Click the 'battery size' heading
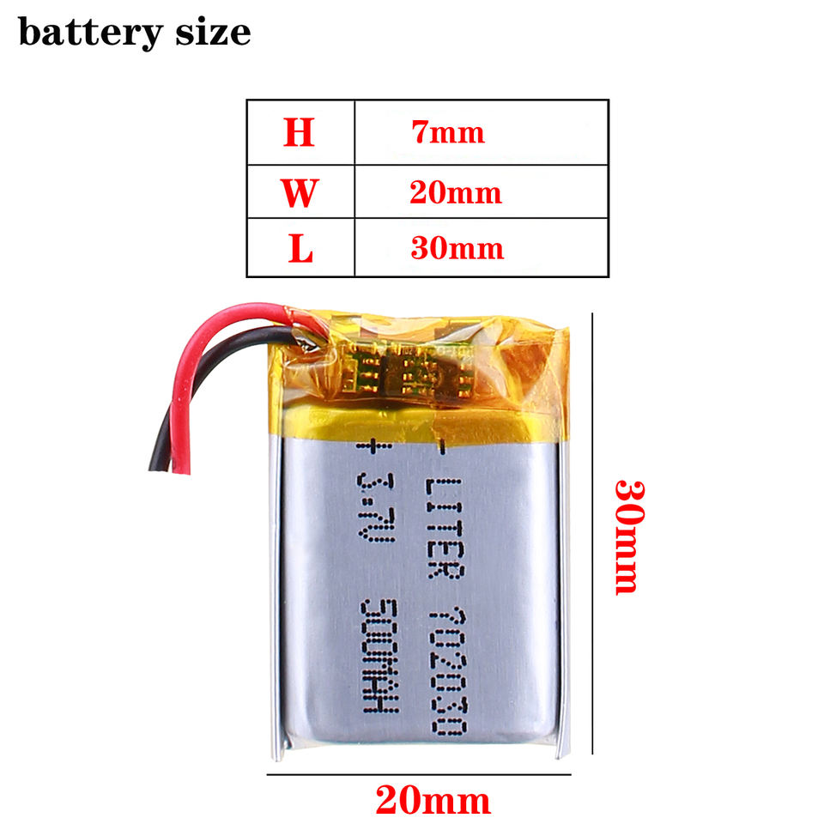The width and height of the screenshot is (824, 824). [134, 33]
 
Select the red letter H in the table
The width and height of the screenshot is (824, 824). [299, 133]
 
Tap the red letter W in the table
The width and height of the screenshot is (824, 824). [299, 192]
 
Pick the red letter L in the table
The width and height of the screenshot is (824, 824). [300, 249]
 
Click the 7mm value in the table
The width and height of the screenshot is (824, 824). [447, 133]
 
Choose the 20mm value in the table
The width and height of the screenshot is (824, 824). [455, 192]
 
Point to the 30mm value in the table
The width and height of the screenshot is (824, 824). [456, 249]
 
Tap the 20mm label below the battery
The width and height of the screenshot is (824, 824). [433, 801]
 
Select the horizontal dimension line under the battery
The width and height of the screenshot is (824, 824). [419, 775]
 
